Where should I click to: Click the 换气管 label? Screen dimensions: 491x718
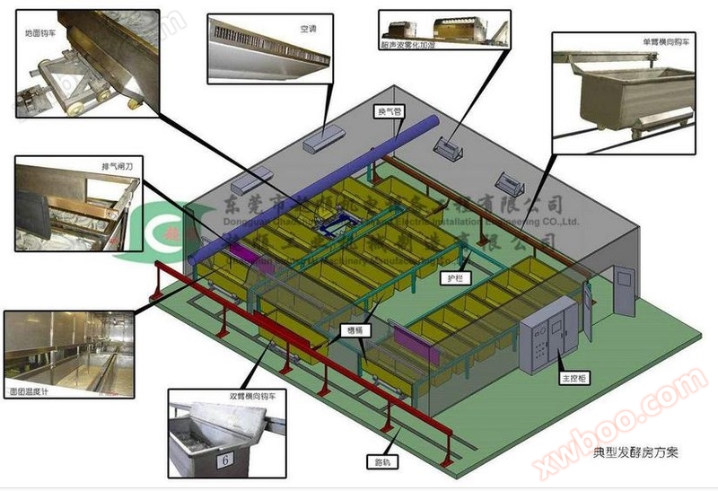click(389, 112)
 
